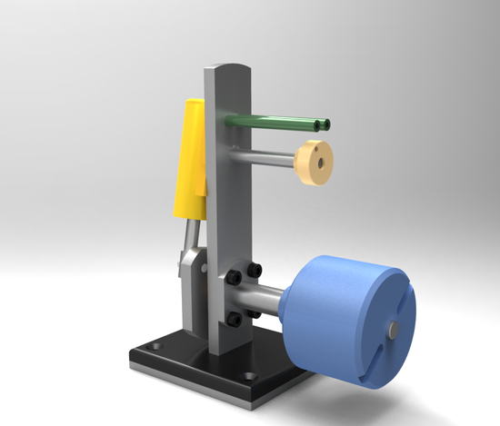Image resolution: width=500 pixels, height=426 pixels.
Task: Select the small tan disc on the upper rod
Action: click(x=315, y=161)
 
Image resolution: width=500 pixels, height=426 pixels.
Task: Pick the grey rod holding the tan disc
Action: click(x=268, y=156)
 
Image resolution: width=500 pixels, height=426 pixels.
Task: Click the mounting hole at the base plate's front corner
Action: click(x=247, y=374)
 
